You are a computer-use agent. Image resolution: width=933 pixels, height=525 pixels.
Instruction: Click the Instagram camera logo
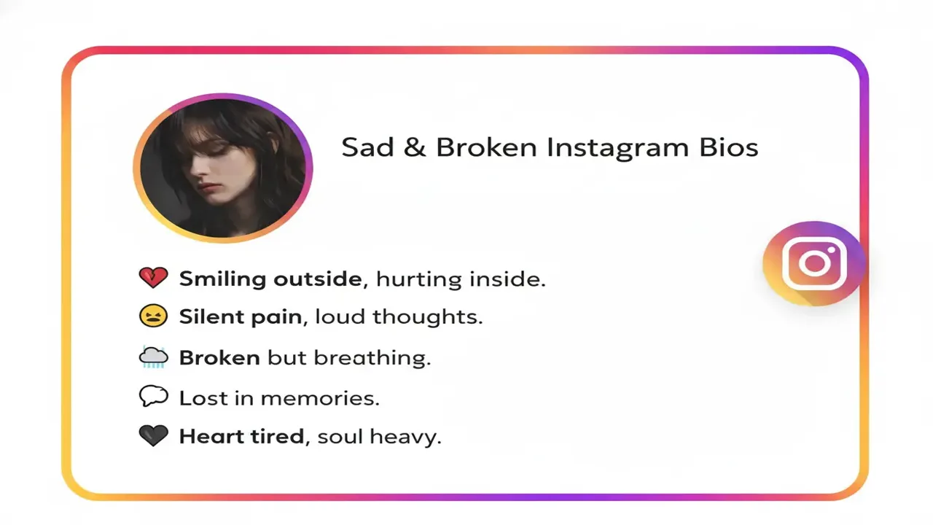point(813,262)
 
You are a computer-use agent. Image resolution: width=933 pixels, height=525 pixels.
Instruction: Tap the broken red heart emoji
point(153,278)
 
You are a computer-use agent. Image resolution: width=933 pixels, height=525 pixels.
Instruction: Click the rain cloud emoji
point(153,357)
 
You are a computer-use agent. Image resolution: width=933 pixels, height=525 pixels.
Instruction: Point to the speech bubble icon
point(153,397)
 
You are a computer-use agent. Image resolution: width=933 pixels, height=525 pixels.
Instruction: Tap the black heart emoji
point(153,436)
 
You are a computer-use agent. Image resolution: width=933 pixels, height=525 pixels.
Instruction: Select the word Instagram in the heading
point(616,147)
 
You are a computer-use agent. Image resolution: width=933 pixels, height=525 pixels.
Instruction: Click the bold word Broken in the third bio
point(219,357)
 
